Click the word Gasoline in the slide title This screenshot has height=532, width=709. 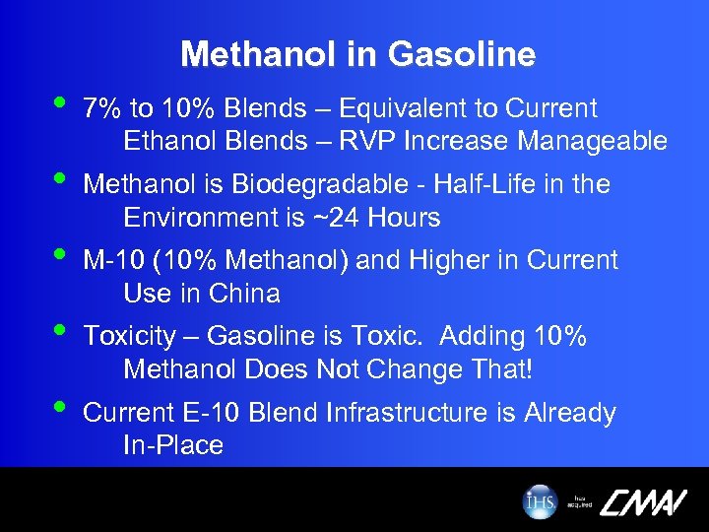pyautogui.click(x=462, y=54)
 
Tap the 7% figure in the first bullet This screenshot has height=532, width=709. pyautogui.click(x=100, y=108)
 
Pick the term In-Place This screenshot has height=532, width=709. pyautogui.click(x=173, y=445)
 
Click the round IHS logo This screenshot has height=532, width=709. pyautogui.click(x=540, y=500)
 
